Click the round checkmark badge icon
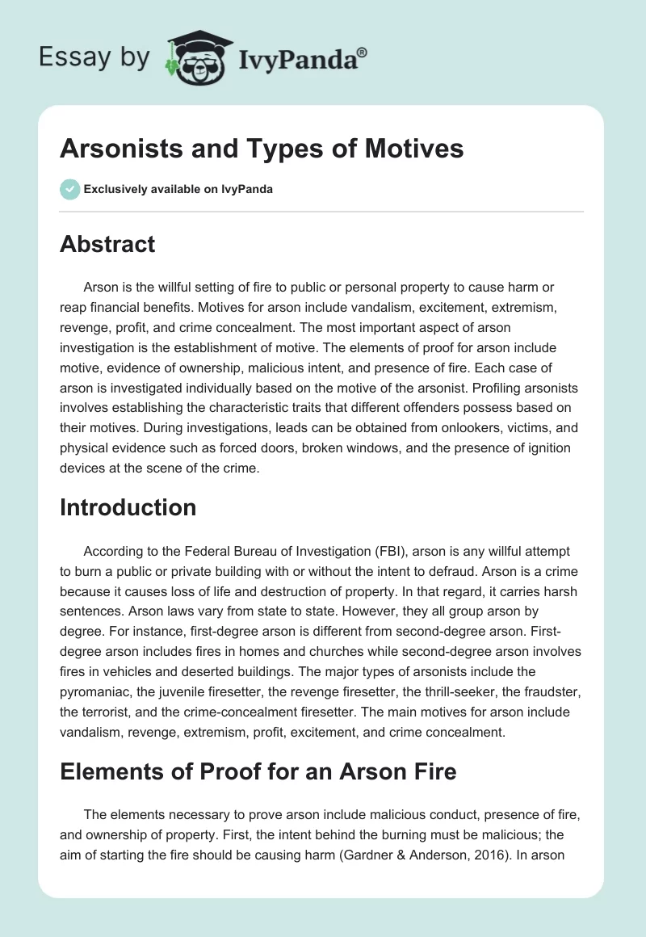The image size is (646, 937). pos(69,190)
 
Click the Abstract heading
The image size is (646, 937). pos(107,244)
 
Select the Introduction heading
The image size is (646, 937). pos(128,507)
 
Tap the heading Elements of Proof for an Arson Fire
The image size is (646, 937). pos(258,771)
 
